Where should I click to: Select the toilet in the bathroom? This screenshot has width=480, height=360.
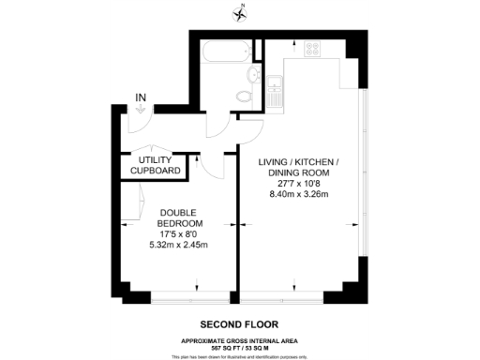246,93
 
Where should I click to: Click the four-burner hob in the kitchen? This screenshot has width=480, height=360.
312,52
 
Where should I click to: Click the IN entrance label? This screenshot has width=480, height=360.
141,97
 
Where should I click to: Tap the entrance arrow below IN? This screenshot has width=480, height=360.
141,110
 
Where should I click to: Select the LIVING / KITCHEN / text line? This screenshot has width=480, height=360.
298,160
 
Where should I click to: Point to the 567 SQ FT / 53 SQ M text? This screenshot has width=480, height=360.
241,347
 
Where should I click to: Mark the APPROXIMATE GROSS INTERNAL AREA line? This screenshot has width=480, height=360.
241,339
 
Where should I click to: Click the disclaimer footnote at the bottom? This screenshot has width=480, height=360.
241,356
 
